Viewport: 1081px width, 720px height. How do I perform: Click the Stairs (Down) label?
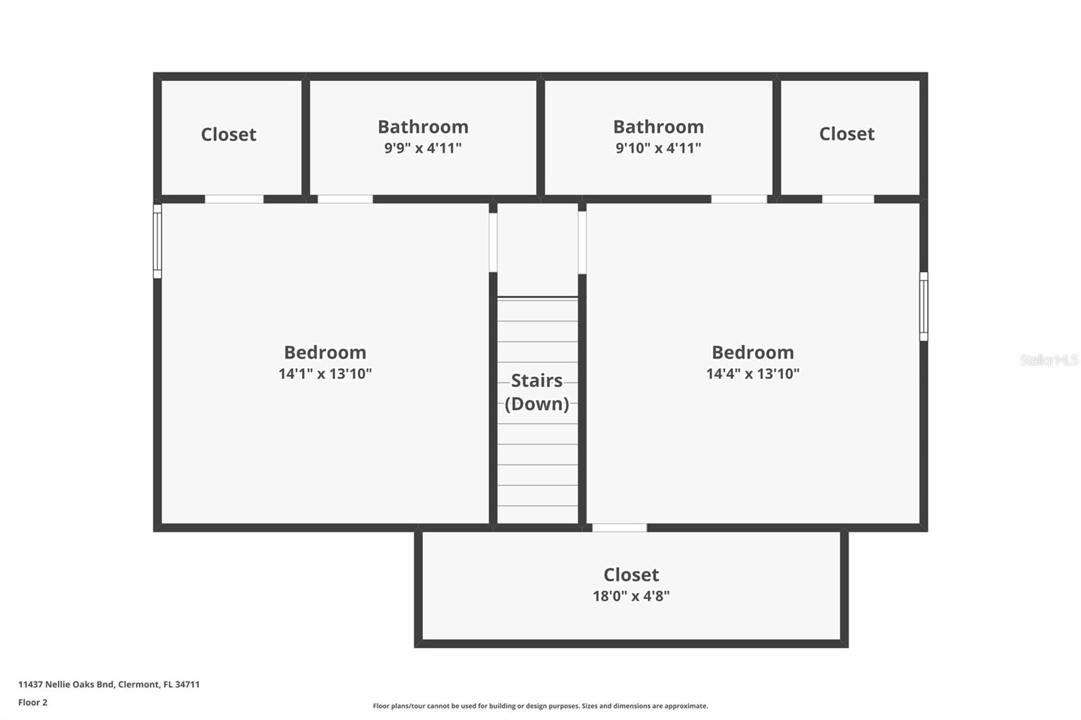click(537, 392)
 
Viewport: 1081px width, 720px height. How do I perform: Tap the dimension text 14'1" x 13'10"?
click(325, 374)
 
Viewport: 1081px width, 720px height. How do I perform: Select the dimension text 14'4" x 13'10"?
click(753, 374)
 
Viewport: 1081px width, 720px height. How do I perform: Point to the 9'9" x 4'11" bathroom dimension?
click(423, 148)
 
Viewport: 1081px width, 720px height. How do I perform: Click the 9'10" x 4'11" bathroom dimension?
click(658, 148)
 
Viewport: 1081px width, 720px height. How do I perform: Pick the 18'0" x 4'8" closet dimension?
click(631, 596)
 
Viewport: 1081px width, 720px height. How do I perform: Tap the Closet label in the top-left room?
click(228, 134)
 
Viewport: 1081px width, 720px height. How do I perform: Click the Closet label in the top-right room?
click(847, 134)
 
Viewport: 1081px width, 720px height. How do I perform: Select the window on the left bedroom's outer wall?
click(157, 241)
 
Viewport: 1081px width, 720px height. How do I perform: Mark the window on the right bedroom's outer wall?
click(923, 306)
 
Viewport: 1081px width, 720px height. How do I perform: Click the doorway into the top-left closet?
click(234, 199)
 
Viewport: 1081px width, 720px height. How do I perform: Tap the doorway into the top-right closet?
click(848, 199)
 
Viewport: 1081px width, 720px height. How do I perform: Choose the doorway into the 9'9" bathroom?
click(345, 199)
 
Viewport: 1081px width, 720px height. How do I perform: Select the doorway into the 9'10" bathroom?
click(739, 199)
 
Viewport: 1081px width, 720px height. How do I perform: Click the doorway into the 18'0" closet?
click(620, 528)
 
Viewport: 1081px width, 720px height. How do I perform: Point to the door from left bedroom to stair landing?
click(493, 242)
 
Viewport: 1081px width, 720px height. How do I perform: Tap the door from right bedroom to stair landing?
click(582, 242)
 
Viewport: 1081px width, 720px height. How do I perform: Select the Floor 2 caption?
click(32, 702)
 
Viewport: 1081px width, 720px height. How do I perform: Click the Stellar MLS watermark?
click(1049, 360)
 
